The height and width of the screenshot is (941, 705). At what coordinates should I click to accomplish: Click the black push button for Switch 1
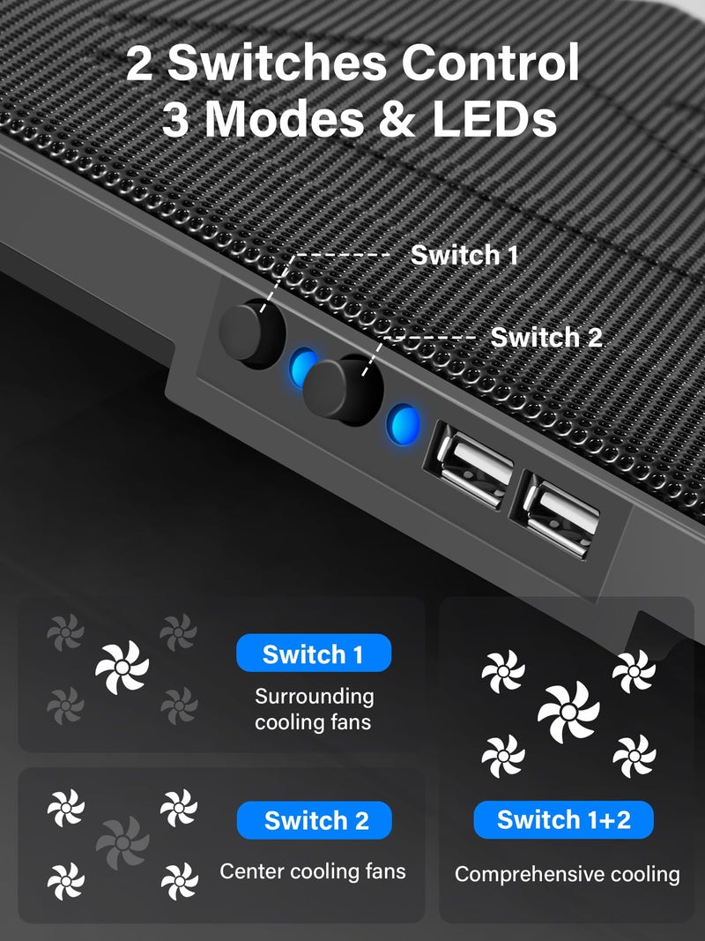[252, 332]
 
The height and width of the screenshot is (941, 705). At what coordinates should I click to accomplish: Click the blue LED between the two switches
[302, 365]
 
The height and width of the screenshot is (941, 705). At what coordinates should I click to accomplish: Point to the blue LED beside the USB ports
[404, 423]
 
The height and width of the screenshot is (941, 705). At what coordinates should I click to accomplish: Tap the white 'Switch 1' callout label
[464, 256]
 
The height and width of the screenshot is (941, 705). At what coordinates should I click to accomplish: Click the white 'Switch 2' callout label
[546, 337]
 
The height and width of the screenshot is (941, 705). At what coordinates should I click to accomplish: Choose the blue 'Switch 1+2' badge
[563, 819]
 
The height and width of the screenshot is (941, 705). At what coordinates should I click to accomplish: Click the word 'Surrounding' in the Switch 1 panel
[315, 696]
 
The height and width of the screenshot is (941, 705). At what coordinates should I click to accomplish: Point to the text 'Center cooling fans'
[313, 871]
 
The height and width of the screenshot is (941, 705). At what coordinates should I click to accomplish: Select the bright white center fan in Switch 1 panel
[122, 667]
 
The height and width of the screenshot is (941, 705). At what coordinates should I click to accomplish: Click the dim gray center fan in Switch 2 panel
[122, 843]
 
